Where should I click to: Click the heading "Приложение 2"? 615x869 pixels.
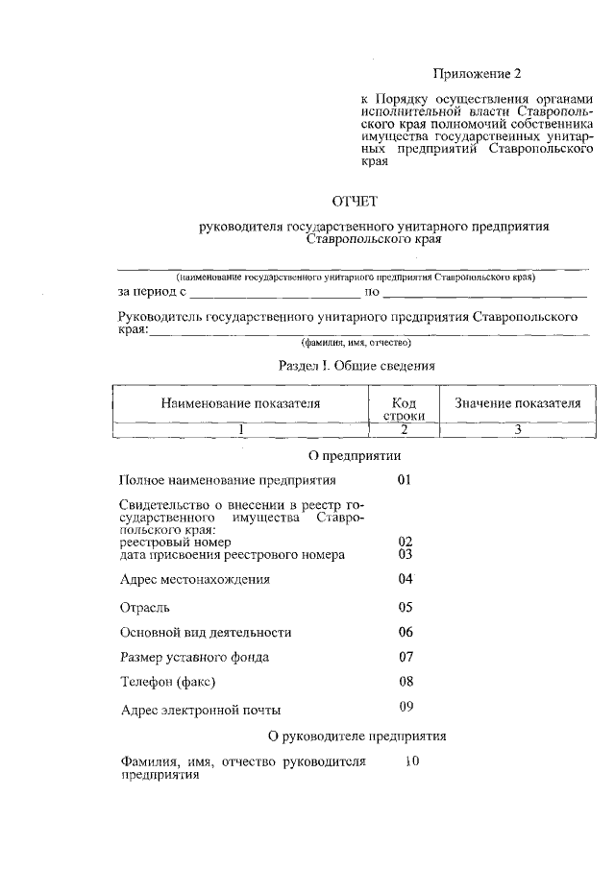(480, 73)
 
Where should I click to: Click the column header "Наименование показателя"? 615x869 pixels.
(240, 404)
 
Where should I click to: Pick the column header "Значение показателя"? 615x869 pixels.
(518, 404)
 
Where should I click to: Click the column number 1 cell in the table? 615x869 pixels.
(241, 430)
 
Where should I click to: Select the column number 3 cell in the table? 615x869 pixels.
(517, 430)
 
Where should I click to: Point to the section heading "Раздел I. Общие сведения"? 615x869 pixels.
(357, 366)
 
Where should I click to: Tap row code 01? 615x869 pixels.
(405, 478)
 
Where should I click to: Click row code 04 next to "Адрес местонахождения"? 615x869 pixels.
(405, 579)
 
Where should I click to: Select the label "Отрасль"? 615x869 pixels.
(145, 607)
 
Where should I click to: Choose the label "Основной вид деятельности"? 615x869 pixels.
(206, 633)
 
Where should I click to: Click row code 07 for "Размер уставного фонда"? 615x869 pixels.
(405, 658)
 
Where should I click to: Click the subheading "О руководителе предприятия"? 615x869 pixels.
(357, 736)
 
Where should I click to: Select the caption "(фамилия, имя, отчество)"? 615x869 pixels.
(356, 342)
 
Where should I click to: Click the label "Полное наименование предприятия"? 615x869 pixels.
(228, 479)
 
